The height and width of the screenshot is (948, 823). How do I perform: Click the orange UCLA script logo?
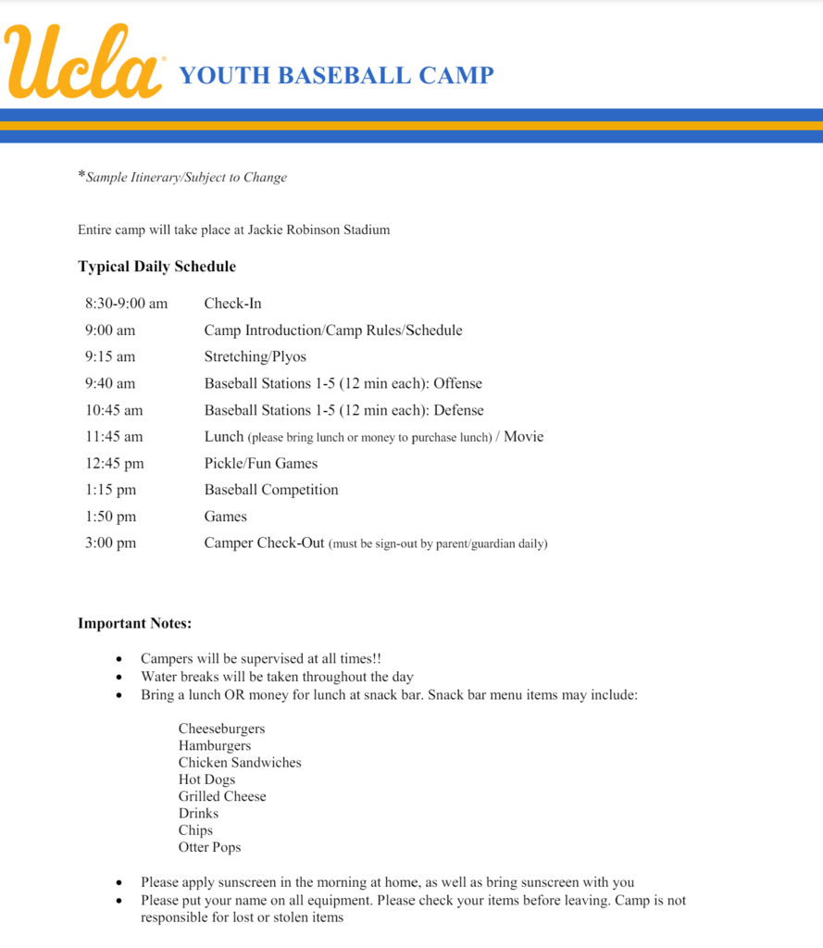(83, 63)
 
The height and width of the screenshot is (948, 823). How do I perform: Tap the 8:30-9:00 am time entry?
(126, 304)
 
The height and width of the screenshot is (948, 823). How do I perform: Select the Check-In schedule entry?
(232, 304)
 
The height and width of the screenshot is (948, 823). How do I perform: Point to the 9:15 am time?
(110, 357)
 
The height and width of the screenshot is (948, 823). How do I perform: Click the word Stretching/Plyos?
(255, 357)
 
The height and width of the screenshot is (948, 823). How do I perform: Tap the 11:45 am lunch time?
(114, 437)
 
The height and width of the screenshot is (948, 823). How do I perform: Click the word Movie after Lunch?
(523, 437)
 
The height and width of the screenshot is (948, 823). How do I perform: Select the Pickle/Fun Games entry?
(260, 464)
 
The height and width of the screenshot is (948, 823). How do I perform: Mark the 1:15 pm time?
(110, 490)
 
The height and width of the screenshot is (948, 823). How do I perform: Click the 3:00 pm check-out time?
(110, 543)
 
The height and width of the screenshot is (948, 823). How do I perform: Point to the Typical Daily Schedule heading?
(156, 267)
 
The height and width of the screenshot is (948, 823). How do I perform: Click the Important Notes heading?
(134, 624)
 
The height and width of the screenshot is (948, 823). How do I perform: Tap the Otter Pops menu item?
(209, 847)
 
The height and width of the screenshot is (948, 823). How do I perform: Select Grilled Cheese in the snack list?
(222, 796)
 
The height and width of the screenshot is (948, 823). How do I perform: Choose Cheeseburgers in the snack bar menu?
(221, 729)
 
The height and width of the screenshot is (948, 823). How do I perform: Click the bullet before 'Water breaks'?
(119, 678)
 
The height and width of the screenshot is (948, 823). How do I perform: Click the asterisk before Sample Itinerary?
(81, 175)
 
